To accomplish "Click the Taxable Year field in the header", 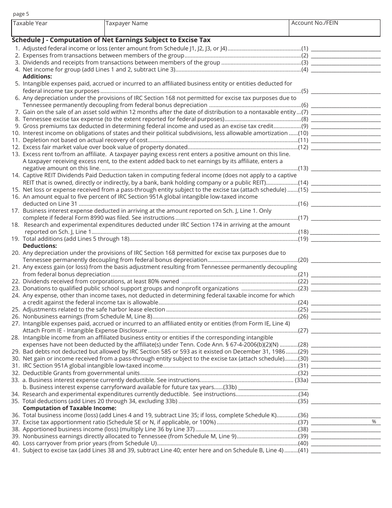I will (x=58, y=28).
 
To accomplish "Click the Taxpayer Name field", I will (x=197, y=28).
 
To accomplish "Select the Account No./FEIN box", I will (x=335, y=28).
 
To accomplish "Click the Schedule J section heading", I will (x=111, y=40).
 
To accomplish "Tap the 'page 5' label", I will (x=21, y=14).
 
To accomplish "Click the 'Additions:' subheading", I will (x=38, y=76).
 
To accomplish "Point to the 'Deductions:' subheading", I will (x=40, y=246).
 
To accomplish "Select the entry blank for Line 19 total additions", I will (x=345, y=239).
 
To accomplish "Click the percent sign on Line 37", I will (x=374, y=422).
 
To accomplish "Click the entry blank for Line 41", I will (x=345, y=450).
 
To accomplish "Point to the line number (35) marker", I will (x=303, y=401).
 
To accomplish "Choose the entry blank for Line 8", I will (x=345, y=119).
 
